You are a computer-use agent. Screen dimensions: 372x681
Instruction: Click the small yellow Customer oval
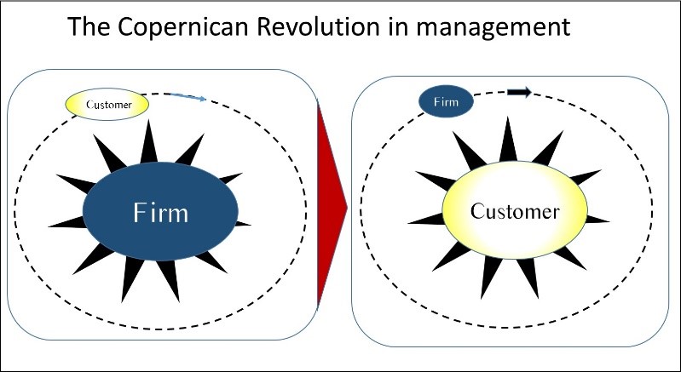coord(108,105)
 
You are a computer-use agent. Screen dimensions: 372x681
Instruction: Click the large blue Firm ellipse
coord(159,211)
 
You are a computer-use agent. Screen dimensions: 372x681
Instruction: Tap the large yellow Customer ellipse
coord(516,209)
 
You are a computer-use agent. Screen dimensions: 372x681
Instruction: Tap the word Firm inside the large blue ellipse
coord(159,211)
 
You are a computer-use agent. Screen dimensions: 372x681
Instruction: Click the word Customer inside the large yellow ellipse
coord(516,210)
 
